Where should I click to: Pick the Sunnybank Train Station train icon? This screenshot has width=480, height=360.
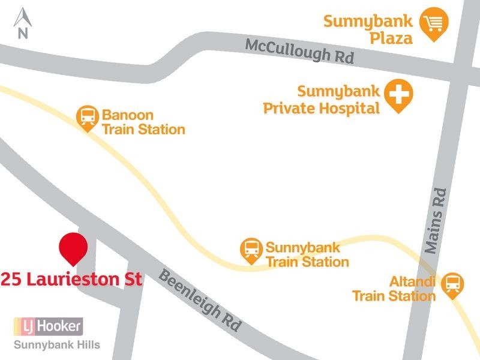[251, 250]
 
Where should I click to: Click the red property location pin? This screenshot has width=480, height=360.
[73, 247]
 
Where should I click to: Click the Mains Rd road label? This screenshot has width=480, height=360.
[436, 220]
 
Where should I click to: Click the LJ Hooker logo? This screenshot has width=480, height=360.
[48, 326]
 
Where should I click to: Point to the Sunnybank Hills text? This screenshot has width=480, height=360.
[56, 345]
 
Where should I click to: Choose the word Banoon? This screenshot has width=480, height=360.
[128, 114]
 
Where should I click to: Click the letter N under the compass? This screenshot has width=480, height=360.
[23, 34]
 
